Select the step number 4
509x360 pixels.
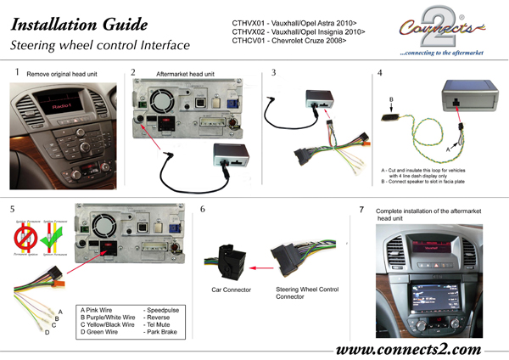(x=380, y=73)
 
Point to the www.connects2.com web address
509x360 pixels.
(x=409, y=349)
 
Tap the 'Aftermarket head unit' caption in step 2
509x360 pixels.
(x=185, y=74)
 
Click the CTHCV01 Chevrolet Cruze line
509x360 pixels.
(x=288, y=40)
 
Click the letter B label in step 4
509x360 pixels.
(x=391, y=99)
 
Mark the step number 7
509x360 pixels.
(x=362, y=209)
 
